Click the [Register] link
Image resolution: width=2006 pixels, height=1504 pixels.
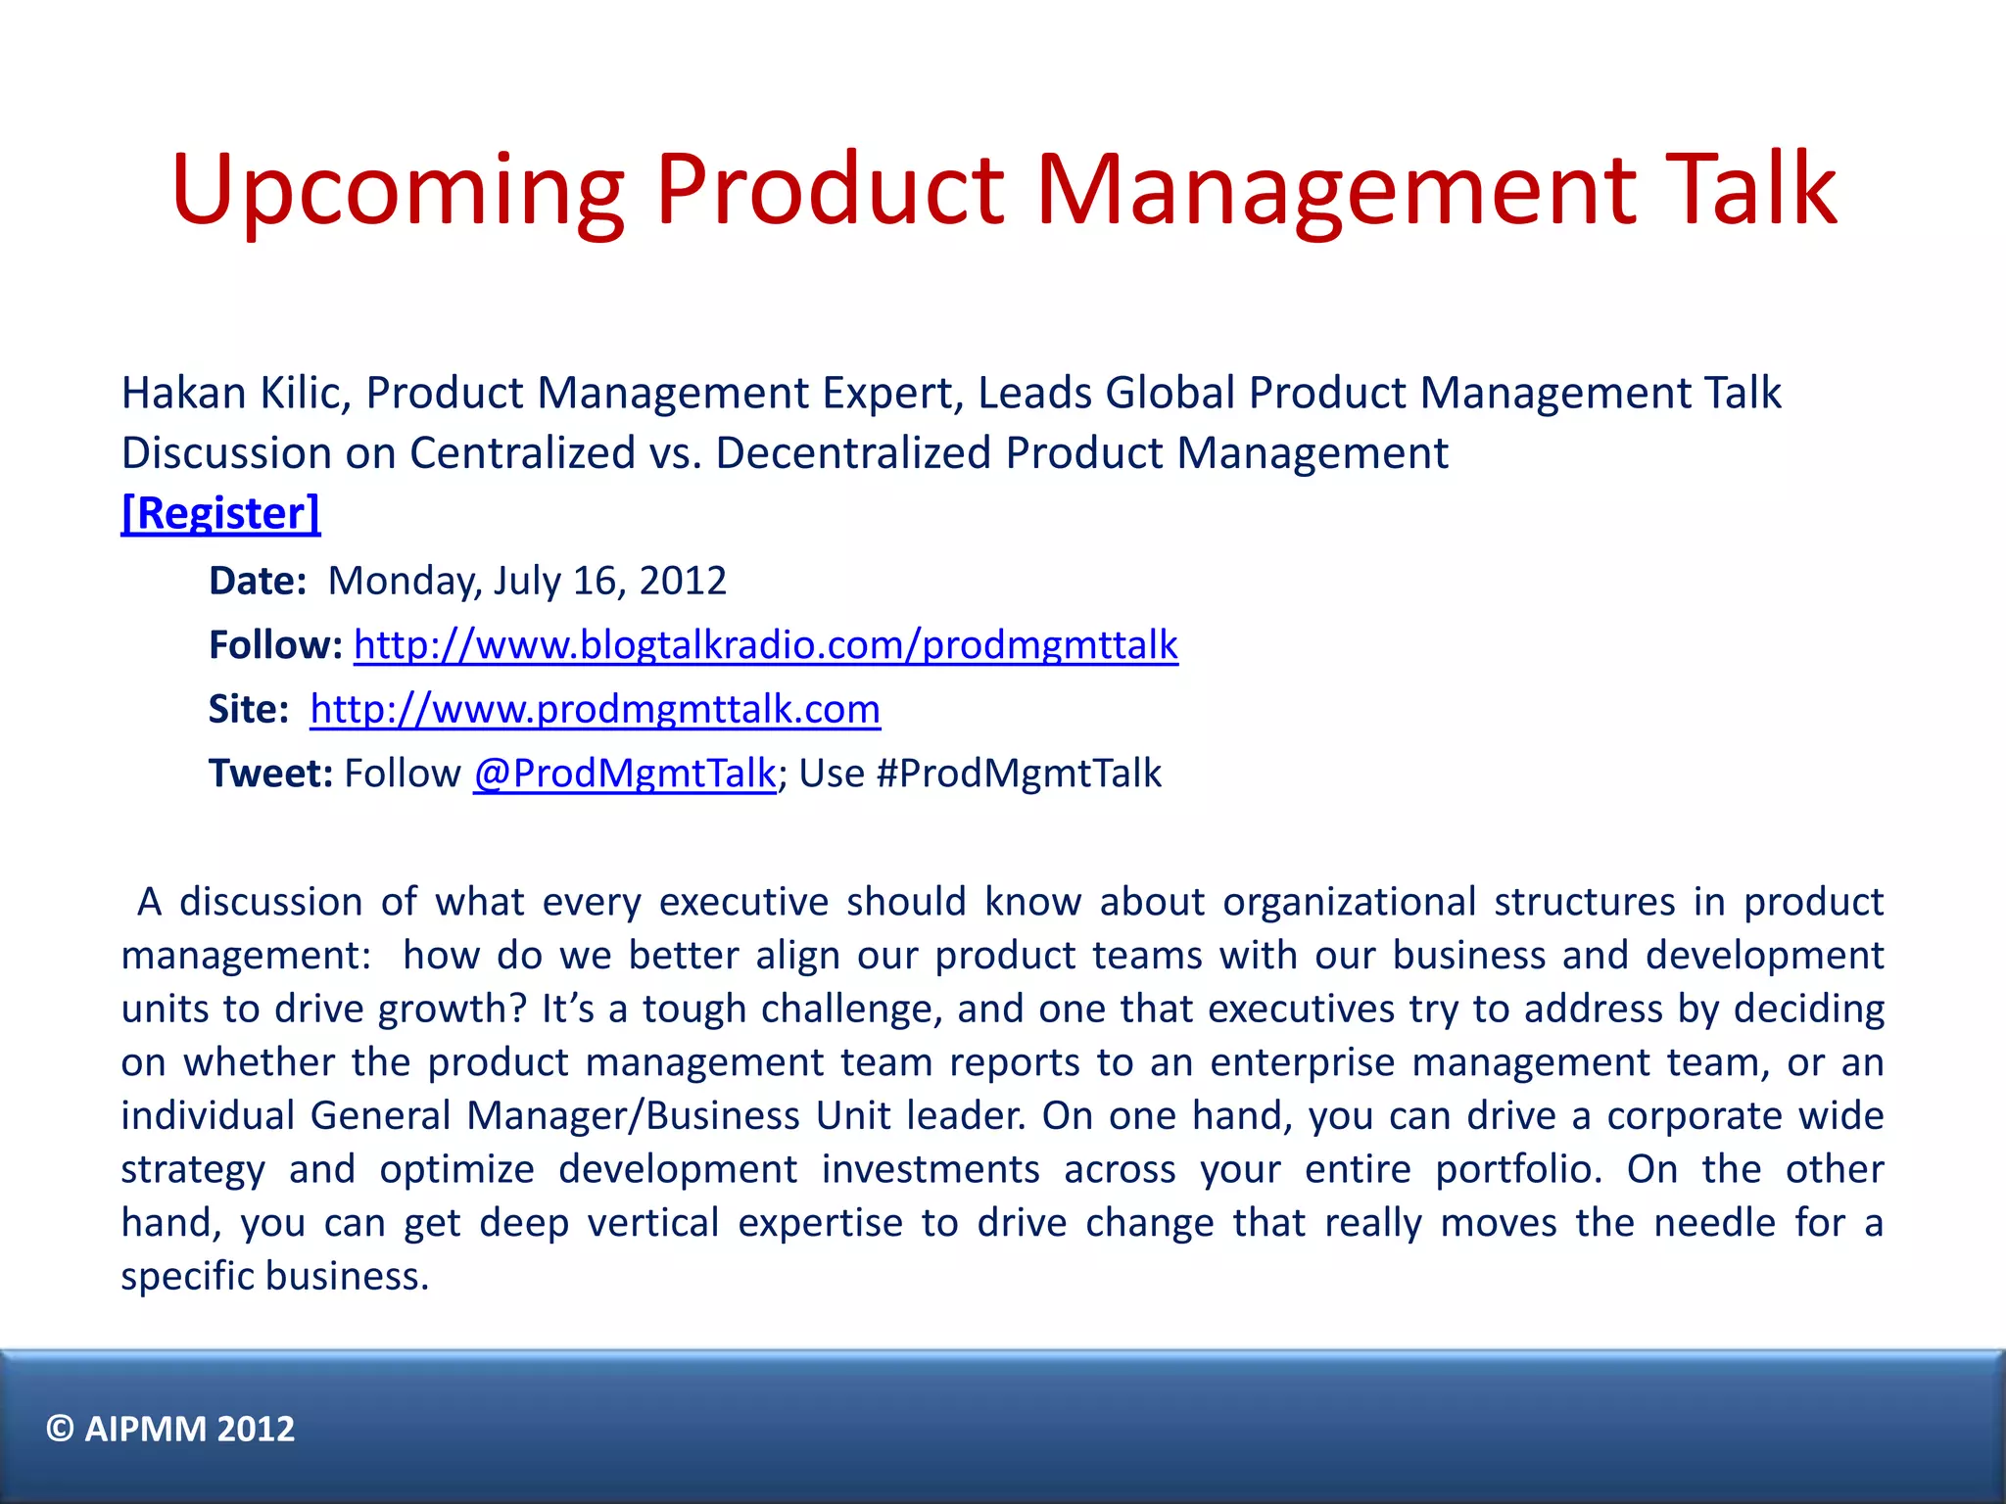tap(220, 513)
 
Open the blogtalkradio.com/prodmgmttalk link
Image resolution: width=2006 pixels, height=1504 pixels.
tap(765, 645)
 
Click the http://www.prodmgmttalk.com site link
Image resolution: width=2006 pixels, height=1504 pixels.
tap(595, 709)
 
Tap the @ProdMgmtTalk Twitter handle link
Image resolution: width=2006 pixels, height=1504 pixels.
tap(624, 774)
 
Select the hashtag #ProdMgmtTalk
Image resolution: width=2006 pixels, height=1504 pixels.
tap(1019, 774)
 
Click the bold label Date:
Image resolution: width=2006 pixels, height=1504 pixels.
tap(258, 581)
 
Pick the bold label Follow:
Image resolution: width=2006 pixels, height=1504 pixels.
tap(275, 645)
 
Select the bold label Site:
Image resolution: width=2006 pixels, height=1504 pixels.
tap(249, 709)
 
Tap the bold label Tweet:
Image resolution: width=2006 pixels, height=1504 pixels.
tap(271, 774)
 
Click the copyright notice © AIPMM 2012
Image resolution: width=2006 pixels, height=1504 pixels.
tap(170, 1429)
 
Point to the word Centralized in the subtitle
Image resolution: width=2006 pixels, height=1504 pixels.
tap(522, 453)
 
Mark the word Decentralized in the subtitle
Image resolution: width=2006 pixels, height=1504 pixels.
tap(853, 453)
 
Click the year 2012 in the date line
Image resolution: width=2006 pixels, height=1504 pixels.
tap(683, 581)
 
